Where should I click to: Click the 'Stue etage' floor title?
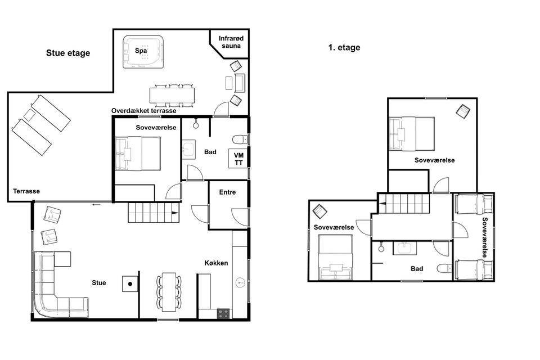pos(68,53)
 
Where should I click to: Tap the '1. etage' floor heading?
pos(344,48)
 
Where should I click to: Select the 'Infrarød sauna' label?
pos(231,42)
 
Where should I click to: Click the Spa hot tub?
pos(143,52)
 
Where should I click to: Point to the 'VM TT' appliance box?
pos(238,159)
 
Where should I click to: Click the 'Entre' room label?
pos(228,192)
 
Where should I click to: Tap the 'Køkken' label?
pos(216,263)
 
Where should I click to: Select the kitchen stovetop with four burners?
pos(223,313)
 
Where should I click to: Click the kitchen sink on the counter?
pos(240,282)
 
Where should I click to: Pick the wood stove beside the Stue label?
pos(130,284)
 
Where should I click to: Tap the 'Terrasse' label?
pos(26,191)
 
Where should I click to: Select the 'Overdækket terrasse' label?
pos(143,111)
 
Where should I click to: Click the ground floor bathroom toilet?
pos(240,139)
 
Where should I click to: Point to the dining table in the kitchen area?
pos(169,292)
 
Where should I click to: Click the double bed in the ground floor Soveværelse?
pos(138,154)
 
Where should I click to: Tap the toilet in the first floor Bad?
pos(444,268)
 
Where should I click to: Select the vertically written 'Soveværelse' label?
pos(485,237)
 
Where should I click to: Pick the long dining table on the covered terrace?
pos(172,96)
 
